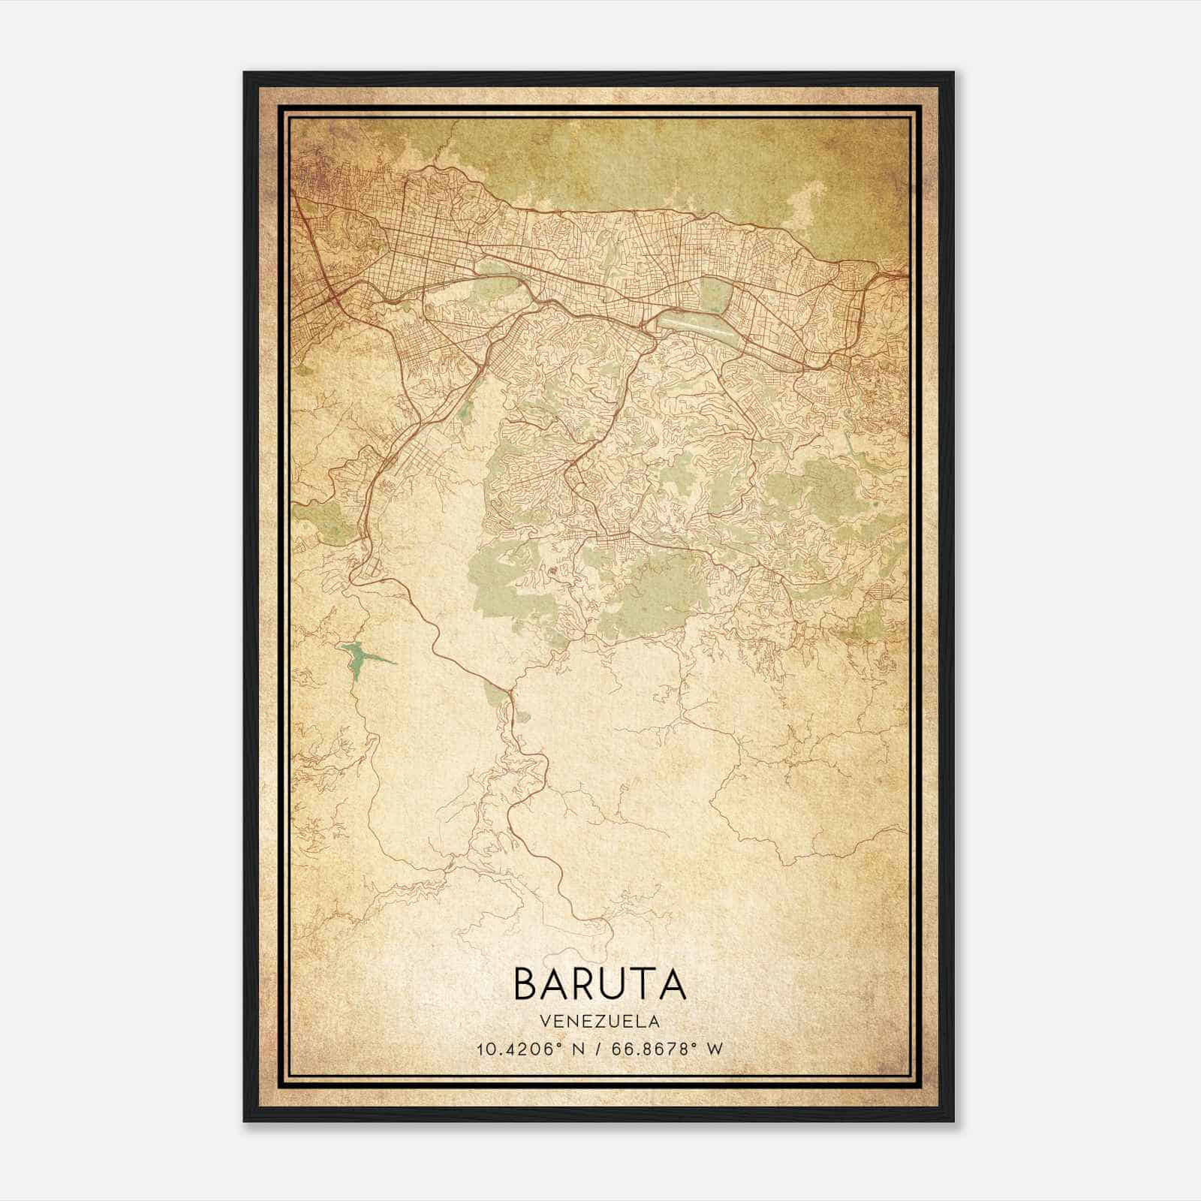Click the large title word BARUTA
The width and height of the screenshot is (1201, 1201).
[x=600, y=983]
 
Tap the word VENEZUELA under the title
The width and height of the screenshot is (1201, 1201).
[x=600, y=1022]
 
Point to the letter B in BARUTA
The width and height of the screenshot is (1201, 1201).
[x=526, y=983]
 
